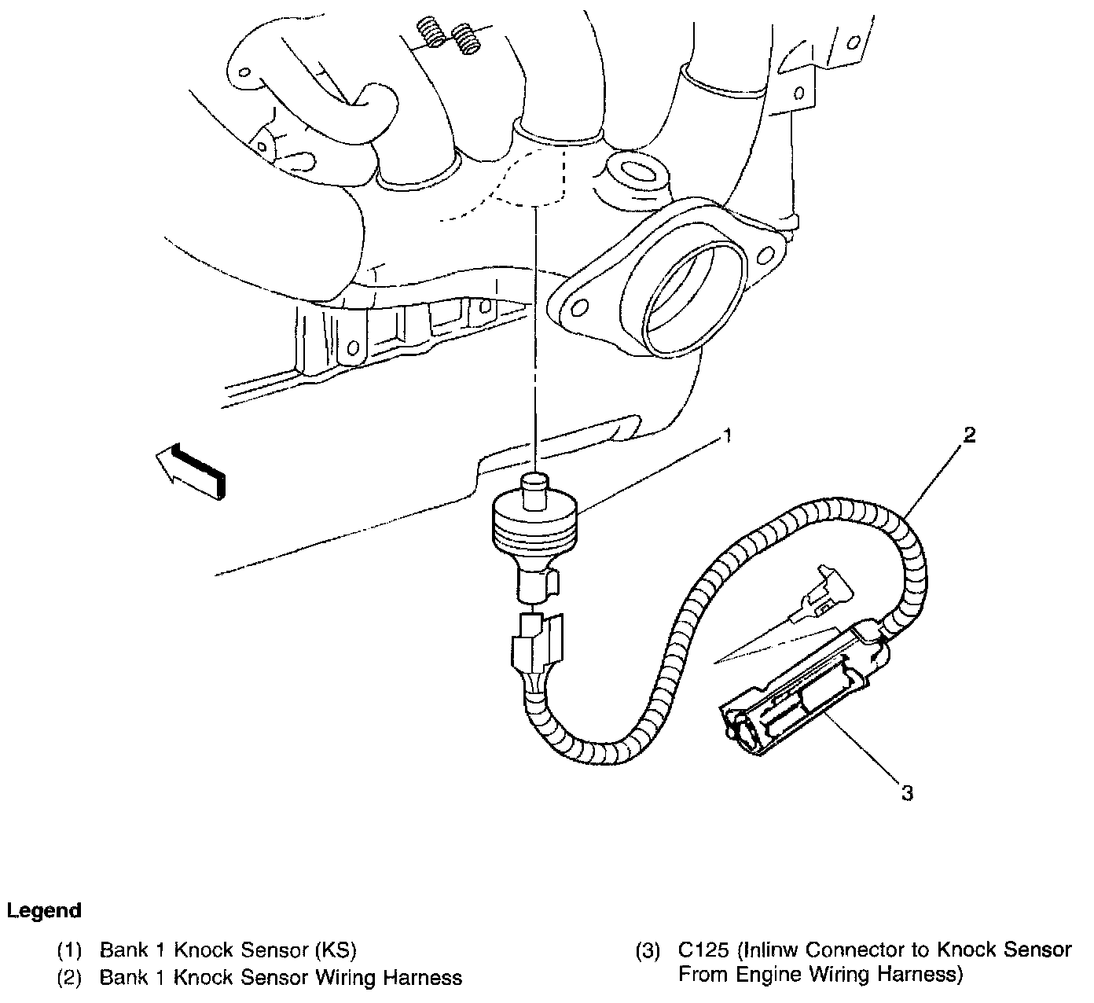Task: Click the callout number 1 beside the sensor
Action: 729,435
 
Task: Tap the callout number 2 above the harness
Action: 970,435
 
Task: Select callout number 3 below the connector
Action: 907,793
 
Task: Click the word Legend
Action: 44,911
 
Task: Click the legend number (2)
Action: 69,978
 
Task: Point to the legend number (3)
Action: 648,950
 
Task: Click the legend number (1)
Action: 69,950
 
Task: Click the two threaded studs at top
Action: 448,35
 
